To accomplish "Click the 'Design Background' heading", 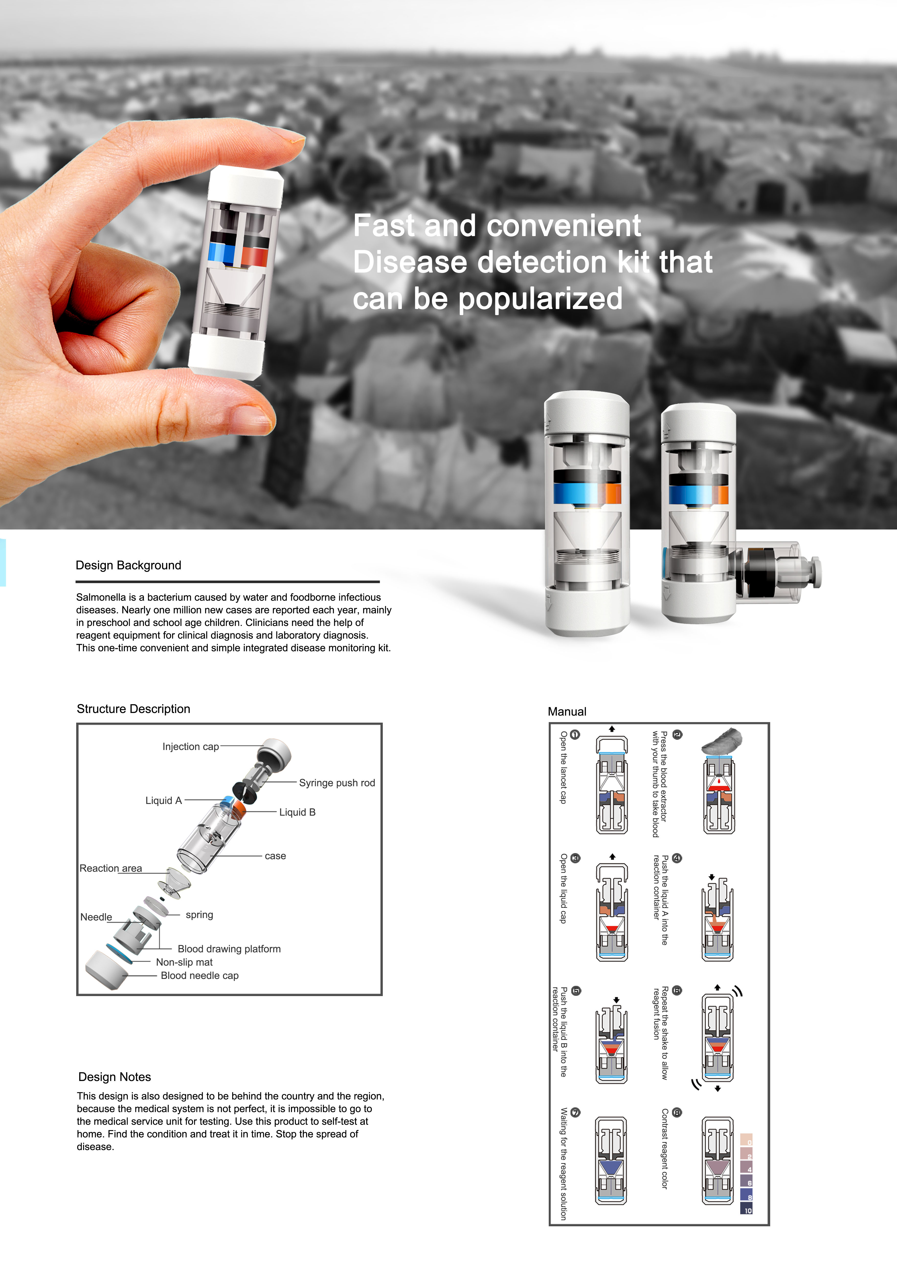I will coord(128,565).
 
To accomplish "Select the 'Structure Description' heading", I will coord(133,709).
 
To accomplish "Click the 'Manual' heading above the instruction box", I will coord(567,711).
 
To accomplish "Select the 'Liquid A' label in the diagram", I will coord(163,800).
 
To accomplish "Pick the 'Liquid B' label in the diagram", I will coord(297,812).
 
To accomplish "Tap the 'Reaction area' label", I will coord(110,868).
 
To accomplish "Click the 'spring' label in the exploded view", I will coord(199,915).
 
